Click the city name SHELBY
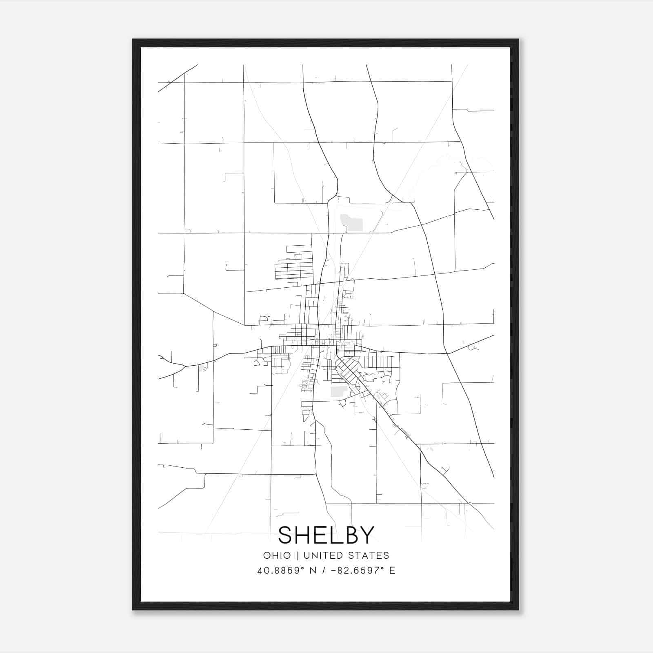coord(326,535)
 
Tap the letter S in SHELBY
coord(287,535)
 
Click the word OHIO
coord(277,555)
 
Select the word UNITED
coord(323,555)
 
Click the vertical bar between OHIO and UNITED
coord(297,555)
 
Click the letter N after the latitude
coord(313,571)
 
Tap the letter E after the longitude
coord(392,571)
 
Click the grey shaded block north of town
coord(351,223)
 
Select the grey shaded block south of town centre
coord(338,391)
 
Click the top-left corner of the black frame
coord(133,40)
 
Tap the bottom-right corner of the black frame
coord(518,609)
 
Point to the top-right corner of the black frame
coord(518,40)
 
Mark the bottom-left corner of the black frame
coord(133,609)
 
